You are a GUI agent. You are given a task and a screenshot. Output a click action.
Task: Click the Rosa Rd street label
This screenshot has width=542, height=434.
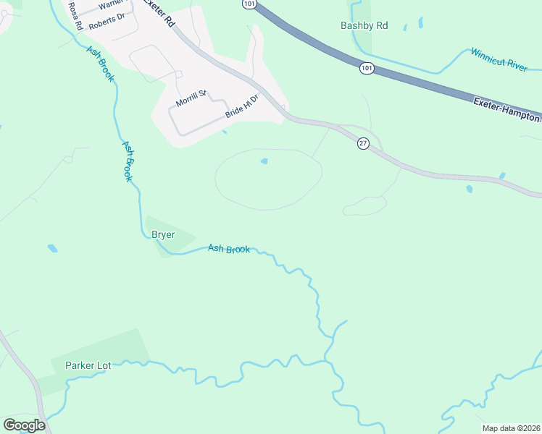coord(74,14)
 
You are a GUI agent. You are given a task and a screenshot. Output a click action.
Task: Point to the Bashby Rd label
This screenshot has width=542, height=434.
coord(364,26)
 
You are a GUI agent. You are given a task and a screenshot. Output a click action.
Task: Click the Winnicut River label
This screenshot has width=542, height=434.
coord(499,59)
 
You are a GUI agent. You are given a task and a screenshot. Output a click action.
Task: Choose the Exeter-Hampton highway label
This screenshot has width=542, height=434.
coord(507,109)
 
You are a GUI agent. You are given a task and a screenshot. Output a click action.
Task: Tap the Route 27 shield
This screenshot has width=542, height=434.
coord(363,144)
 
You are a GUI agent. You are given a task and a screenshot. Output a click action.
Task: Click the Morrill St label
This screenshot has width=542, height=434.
coord(191,98)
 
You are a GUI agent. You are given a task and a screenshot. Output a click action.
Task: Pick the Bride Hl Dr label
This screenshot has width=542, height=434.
coord(242,106)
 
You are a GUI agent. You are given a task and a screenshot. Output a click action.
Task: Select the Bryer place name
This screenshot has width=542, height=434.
coord(163,234)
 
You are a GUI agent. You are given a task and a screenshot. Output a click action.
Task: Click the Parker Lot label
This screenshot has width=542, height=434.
coord(88,365)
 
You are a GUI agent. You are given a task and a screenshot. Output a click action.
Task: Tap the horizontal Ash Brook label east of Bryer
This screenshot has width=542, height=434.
coord(229,249)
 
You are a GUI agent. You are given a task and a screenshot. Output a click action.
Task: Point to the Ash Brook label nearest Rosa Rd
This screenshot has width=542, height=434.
coord(100,63)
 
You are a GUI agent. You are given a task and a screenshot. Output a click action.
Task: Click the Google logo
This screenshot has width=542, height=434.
coord(24,425)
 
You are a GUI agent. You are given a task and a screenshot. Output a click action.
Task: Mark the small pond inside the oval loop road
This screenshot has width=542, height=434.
coord(264,161)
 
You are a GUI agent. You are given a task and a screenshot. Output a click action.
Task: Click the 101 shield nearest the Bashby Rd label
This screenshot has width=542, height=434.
coord(366,68)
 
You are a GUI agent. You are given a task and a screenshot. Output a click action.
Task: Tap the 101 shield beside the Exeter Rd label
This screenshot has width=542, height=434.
coord(249,4)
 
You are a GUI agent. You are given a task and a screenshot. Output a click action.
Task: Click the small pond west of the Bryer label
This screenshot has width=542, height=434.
coord(52,248)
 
